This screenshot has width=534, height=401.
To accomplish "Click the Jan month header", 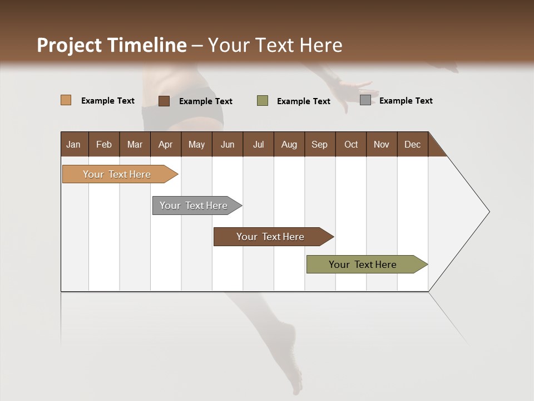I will click(74, 144).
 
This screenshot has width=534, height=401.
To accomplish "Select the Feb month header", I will click(104, 144).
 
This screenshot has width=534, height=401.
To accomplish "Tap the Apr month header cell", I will click(165, 144).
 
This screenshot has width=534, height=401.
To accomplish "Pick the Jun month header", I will click(228, 144).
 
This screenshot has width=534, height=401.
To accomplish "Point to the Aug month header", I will click(289, 144).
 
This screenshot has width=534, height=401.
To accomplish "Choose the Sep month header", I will click(319, 144).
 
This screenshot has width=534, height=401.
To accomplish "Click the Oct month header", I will click(351, 144).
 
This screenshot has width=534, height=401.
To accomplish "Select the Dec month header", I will click(412, 144).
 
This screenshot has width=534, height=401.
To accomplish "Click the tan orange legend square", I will click(66, 100).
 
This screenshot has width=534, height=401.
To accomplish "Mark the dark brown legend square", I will click(164, 101).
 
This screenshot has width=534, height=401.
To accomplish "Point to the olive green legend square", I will click(263, 101).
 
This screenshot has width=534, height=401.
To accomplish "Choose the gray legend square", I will click(365, 100).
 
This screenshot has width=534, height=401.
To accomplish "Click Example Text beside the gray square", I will click(406, 101).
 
